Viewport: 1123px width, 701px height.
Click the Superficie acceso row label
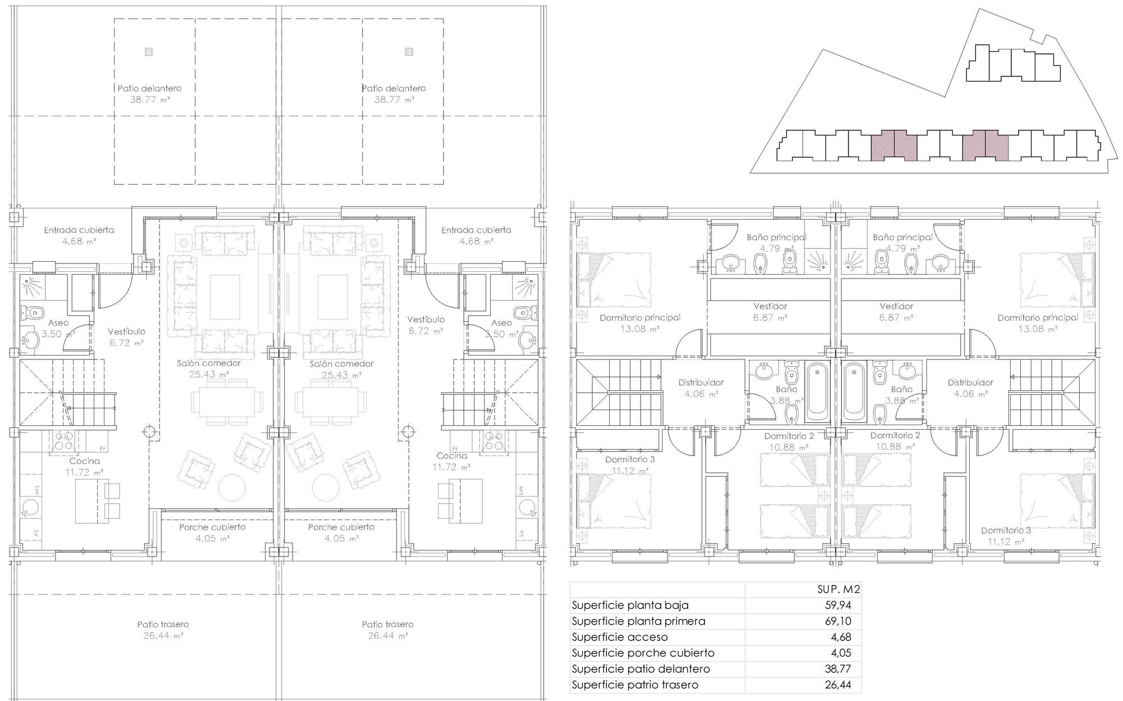coord(620,637)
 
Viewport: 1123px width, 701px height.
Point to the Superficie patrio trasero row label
coord(635,685)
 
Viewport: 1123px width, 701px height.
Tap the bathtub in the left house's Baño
coord(817,393)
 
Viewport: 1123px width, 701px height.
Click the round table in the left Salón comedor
coord(232,488)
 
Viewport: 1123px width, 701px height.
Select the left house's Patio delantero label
coord(149,88)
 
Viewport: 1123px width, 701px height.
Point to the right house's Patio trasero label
coord(387,624)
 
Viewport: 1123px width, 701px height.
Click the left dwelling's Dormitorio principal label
coord(640,318)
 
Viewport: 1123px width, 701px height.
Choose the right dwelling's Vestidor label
coord(896,306)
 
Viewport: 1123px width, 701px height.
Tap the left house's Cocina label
coord(85,461)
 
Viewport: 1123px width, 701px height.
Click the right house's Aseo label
coord(501,322)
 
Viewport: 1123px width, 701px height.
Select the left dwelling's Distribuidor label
coord(701,383)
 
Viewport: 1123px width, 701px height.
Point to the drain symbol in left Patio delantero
coord(148,52)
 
